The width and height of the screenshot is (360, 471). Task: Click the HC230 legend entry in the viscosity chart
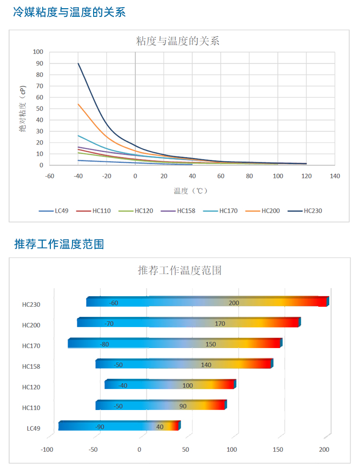[x=312, y=210]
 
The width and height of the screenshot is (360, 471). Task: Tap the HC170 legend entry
[x=228, y=210]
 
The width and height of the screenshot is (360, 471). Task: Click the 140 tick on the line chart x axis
[x=335, y=176]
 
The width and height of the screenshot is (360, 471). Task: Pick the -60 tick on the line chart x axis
[x=49, y=176]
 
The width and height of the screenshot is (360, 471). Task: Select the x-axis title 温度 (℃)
[x=191, y=191]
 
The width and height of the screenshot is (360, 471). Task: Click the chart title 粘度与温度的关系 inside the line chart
[x=178, y=41]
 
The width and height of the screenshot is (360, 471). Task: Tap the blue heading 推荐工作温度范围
[x=59, y=244]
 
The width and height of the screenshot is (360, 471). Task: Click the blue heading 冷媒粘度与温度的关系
[x=70, y=12]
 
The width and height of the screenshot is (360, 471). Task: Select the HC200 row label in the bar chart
[x=31, y=325]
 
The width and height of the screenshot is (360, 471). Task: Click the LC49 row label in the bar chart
[x=34, y=428]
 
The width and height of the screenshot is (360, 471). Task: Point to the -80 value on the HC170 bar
[x=104, y=344]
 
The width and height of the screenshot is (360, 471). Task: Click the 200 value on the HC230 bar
[x=234, y=303]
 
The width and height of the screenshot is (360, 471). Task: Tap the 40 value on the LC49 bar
[x=160, y=427]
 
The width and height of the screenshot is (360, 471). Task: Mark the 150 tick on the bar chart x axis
[x=278, y=449]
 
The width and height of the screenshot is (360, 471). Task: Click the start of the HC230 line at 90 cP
[x=78, y=63]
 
